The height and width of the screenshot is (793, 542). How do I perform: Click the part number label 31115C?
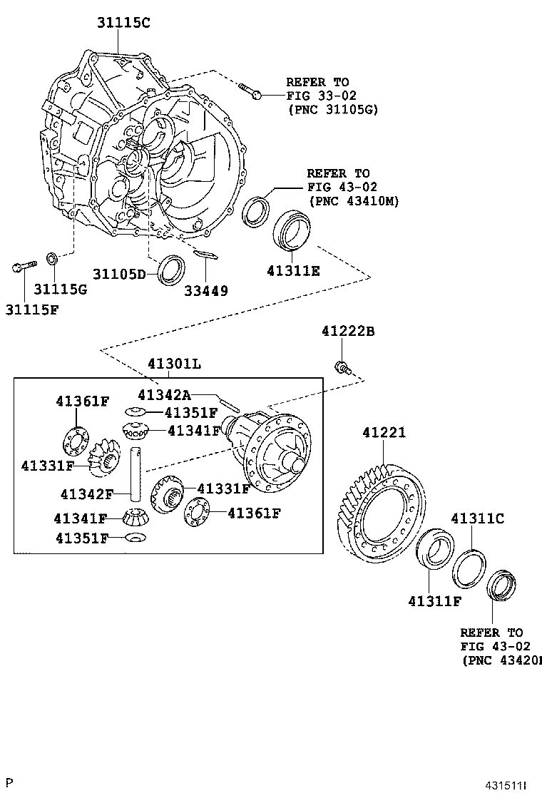pyautogui.click(x=123, y=23)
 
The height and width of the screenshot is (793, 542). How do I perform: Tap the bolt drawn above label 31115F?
pyautogui.click(x=23, y=267)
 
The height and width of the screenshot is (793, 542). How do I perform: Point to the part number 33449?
pyautogui.click(x=207, y=291)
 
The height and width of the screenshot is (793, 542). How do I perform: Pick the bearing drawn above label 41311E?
pyautogui.click(x=292, y=230)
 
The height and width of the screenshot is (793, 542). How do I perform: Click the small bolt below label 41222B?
pyautogui.click(x=341, y=367)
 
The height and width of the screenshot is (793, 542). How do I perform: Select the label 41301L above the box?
pyautogui.click(x=175, y=364)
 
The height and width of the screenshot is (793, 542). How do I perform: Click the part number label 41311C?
pyautogui.click(x=476, y=518)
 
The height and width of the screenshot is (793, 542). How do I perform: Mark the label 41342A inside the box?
pyautogui.click(x=163, y=394)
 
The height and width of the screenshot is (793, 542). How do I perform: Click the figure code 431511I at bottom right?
pyautogui.click(x=506, y=785)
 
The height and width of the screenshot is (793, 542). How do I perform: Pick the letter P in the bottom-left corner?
pyautogui.click(x=9, y=783)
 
